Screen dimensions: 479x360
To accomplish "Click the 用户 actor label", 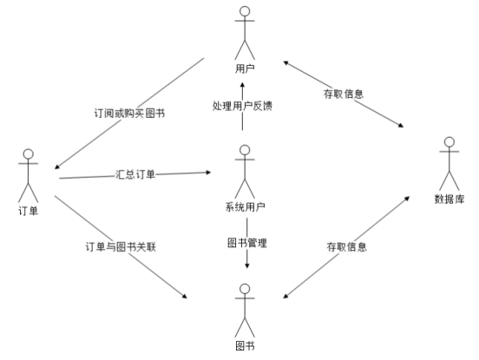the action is coord(245,69).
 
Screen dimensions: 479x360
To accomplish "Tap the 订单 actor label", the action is coord(28,211).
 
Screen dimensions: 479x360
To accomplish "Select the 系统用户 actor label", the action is coord(245,207).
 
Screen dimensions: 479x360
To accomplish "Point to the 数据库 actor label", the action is coord(449,199).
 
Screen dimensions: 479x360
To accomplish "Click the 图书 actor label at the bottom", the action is coord(245,346).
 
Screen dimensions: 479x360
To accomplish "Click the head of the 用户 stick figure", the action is coord(245,11).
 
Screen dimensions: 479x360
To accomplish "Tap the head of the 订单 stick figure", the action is coord(28,154).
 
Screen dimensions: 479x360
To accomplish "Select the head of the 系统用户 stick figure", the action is coord(245,150).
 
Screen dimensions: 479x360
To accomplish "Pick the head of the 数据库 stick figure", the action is coord(449,142).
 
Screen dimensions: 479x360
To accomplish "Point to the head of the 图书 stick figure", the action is coord(245,289).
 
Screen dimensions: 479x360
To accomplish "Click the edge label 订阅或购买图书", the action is coord(129,114).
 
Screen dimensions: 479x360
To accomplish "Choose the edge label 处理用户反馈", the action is coord(242,106).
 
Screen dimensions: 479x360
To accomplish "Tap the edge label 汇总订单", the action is coord(135,174).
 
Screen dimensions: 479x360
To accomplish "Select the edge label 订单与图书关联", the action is coord(121,246).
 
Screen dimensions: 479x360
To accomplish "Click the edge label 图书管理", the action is coord(247,243).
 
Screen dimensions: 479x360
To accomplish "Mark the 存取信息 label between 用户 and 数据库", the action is coord(344,94).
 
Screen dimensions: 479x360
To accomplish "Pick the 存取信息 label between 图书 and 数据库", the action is coord(347,246).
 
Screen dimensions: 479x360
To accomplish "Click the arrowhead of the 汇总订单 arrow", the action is coord(208,173).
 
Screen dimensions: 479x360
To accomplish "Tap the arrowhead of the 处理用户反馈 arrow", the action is coord(243,85).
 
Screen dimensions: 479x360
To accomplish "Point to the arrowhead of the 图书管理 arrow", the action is coord(247,265).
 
